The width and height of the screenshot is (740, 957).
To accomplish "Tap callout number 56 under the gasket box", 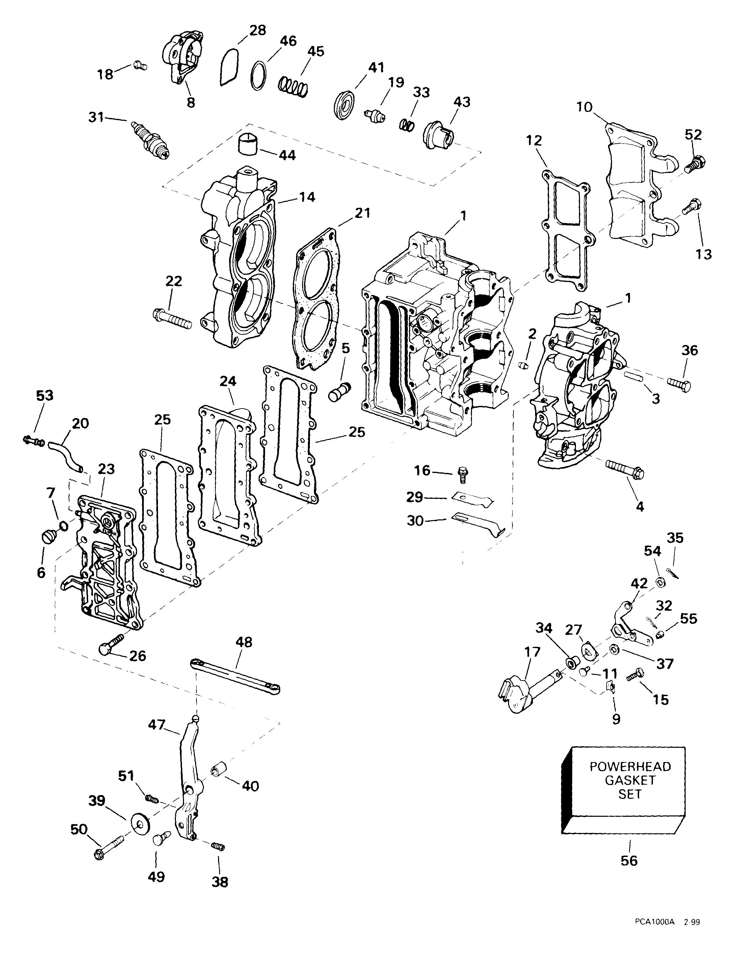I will (x=629, y=861).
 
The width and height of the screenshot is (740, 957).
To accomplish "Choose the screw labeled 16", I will (x=461, y=472).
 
